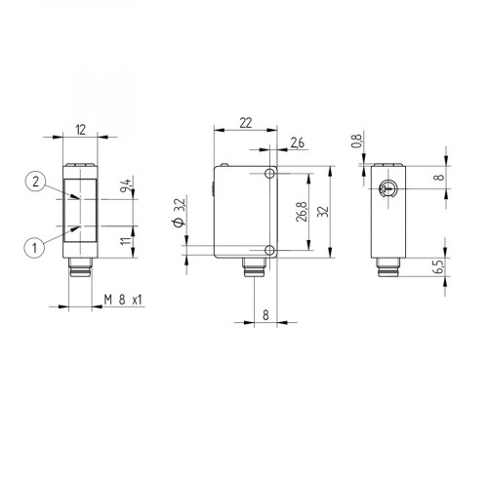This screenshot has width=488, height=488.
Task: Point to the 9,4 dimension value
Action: click(125, 187)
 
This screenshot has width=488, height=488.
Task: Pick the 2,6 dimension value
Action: click(297, 144)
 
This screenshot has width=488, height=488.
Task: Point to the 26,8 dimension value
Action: click(305, 212)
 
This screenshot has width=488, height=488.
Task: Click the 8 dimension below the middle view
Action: click(264, 315)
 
